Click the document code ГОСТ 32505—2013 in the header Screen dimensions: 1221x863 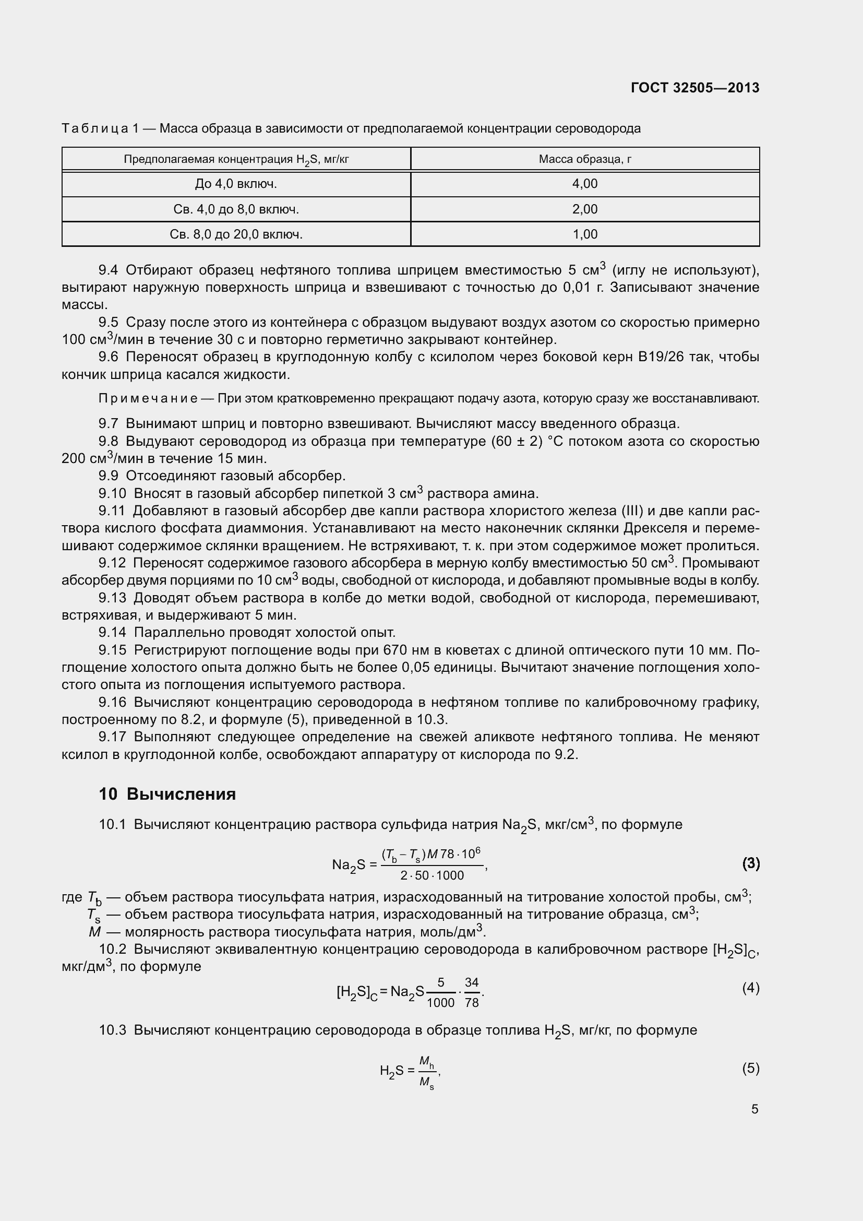pos(694,88)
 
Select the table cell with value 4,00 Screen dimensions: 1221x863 pos(584,184)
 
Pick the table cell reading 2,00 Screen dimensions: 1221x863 pos(584,209)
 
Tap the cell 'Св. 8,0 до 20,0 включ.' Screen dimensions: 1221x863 pos(236,234)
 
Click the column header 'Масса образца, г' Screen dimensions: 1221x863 pos(584,159)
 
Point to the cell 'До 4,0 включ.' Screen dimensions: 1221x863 pos(236,184)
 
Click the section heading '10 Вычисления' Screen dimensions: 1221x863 pos(167,794)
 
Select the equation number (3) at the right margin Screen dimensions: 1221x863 pos(750,863)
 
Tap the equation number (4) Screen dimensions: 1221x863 pos(750,988)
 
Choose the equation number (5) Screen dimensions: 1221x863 pos(750,1069)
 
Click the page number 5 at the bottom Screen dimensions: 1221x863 pos(754,1109)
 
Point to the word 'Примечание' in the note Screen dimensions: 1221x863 pos(148,399)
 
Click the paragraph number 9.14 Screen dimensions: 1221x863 pos(112,633)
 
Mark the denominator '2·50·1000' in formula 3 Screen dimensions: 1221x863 pos(432,875)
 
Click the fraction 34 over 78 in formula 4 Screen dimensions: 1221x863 pos(471,993)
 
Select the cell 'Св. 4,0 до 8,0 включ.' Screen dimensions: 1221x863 pos(236,209)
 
